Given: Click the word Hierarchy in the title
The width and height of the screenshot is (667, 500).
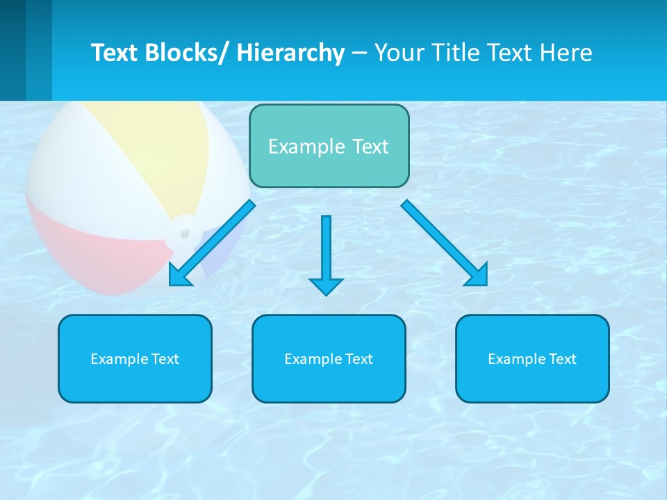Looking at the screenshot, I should click(x=290, y=53).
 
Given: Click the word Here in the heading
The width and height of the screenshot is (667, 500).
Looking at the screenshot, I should click(x=565, y=53).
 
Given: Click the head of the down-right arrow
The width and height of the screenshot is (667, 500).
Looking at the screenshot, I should click(x=477, y=275).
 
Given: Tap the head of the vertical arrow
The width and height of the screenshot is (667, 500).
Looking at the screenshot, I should click(x=326, y=285).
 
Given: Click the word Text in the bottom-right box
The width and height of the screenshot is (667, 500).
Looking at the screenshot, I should click(x=562, y=359).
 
